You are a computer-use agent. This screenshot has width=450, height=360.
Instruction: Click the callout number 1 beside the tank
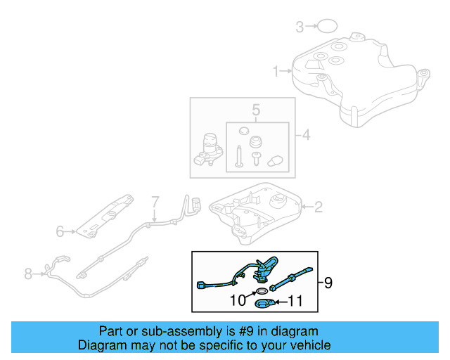[x=276, y=71]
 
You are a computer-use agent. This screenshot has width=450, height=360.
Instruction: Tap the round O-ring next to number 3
[x=326, y=27]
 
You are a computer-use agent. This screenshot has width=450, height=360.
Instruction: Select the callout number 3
[x=299, y=27]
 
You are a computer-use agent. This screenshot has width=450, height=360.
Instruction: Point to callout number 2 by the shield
[x=318, y=207]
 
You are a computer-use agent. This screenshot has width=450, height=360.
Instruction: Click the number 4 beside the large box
[x=304, y=134]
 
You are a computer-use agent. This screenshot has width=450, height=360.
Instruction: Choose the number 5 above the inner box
[x=256, y=110]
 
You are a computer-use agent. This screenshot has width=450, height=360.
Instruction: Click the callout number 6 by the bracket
[x=60, y=230]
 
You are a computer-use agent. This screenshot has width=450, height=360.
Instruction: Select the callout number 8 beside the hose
[x=28, y=274]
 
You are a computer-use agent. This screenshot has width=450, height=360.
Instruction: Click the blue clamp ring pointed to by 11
[x=264, y=304]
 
